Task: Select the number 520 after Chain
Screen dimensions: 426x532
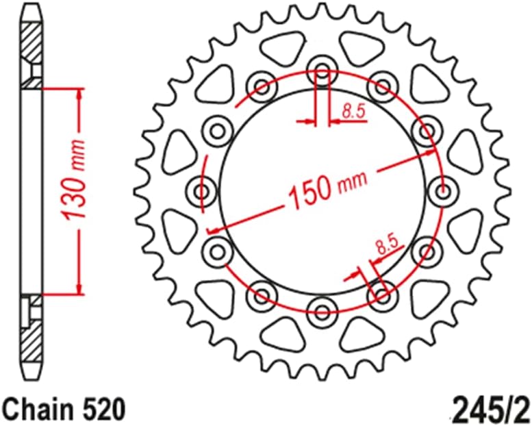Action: click(x=104, y=409)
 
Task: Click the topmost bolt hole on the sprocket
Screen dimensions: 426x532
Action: click(x=321, y=67)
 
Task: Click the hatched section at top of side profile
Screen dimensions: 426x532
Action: click(x=31, y=45)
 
